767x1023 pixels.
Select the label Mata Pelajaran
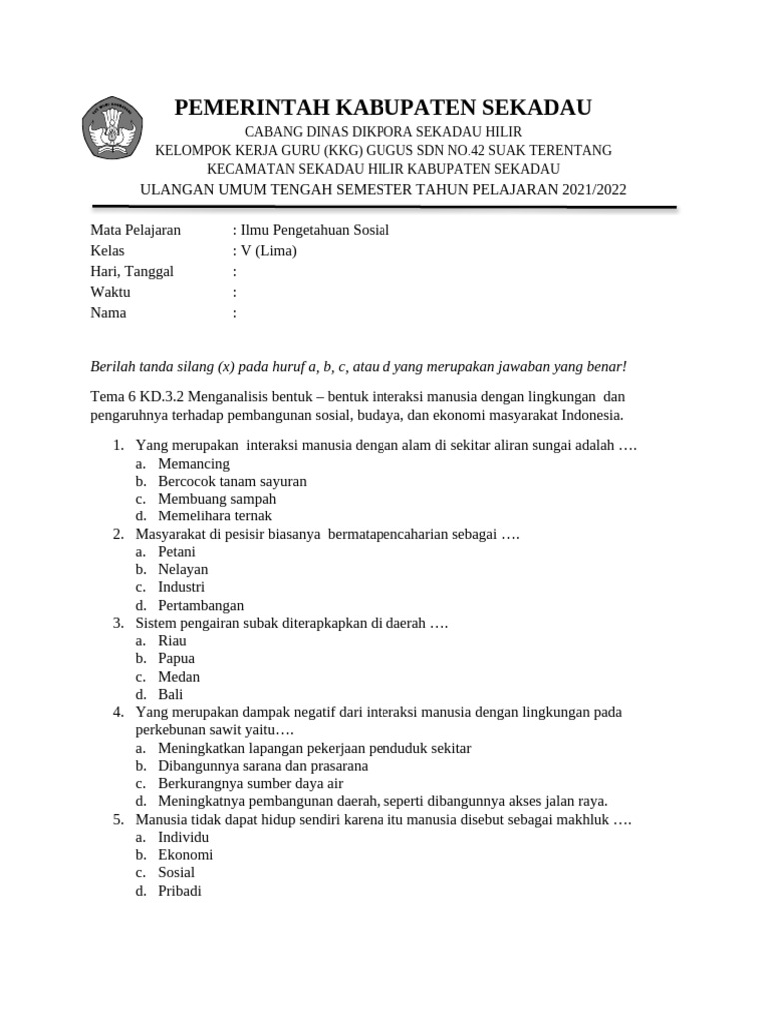pyautogui.click(x=135, y=230)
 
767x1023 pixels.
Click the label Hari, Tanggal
pyautogui.click(x=132, y=271)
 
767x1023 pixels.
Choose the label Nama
pyautogui.click(x=109, y=313)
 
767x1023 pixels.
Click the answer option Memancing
pyautogui.click(x=194, y=464)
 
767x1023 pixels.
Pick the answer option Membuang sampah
pyautogui.click(x=217, y=499)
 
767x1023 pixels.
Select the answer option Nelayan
pyautogui.click(x=183, y=569)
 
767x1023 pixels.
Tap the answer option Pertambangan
pyautogui.click(x=201, y=605)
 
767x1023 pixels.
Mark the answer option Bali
pyautogui.click(x=171, y=694)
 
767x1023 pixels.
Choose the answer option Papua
pyautogui.click(x=177, y=659)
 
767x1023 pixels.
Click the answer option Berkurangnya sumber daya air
pyautogui.click(x=250, y=783)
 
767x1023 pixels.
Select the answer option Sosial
pyautogui.click(x=177, y=872)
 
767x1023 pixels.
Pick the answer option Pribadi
pyautogui.click(x=180, y=890)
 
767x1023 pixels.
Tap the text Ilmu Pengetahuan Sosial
pyautogui.click(x=314, y=230)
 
